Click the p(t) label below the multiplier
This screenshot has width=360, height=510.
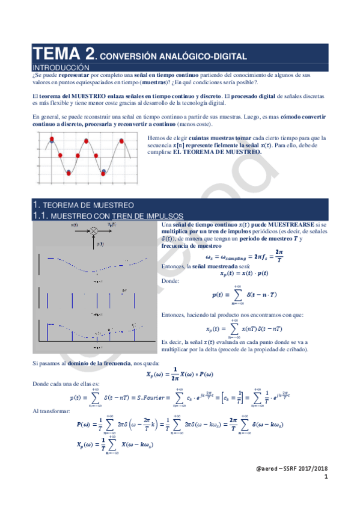tap(100, 244)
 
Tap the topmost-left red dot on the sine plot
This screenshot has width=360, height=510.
tap(52, 139)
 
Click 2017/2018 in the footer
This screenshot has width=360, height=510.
tap(313, 469)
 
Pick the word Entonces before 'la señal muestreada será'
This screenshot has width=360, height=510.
tap(174, 265)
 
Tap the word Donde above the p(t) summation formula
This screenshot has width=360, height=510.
tap(171, 280)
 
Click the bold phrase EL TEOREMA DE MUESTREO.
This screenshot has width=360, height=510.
tap(218, 152)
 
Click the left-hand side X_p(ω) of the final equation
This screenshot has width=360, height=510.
tap(85, 446)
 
